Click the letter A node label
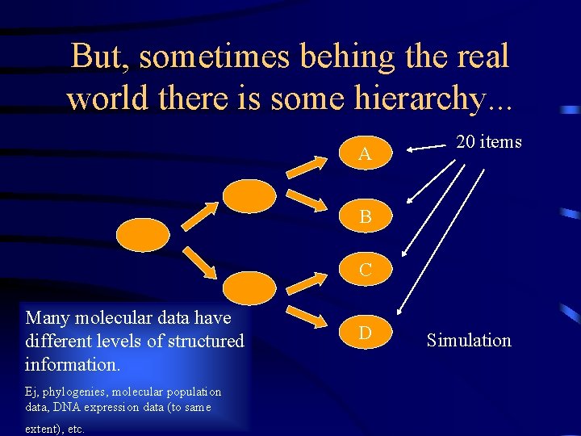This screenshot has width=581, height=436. coord(365,154)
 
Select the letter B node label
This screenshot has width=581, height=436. coord(366,217)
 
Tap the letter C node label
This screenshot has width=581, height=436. coord(366,270)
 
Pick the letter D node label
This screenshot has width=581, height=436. coord(366,333)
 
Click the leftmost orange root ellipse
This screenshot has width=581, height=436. coord(144,234)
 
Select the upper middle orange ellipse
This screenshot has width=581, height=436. coord(249,195)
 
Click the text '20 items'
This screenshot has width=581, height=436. coord(489,142)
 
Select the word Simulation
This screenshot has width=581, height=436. coord(469,340)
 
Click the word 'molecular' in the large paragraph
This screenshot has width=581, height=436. coord(105,318)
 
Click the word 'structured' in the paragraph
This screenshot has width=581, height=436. coord(205,341)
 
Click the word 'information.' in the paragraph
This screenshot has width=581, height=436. coord(73,364)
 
